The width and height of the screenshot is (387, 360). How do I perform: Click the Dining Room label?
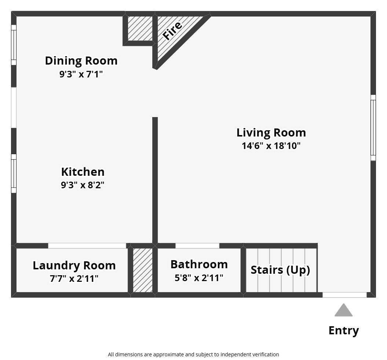click(x=81, y=61)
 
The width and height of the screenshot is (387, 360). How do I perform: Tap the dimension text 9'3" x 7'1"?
click(x=81, y=74)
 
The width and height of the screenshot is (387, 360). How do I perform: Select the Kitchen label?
click(x=83, y=172)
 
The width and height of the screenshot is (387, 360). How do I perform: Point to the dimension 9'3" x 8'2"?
click(x=83, y=185)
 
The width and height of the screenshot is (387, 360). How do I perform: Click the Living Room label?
click(x=271, y=132)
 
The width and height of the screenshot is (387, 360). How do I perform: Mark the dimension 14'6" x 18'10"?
click(x=271, y=146)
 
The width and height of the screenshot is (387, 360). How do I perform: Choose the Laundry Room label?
click(x=74, y=265)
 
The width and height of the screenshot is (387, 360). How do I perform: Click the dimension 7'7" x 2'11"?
click(x=74, y=279)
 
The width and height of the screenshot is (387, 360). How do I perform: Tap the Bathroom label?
click(x=199, y=264)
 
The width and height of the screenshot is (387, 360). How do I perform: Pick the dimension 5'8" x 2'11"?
click(x=199, y=278)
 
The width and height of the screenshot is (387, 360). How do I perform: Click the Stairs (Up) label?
click(x=280, y=270)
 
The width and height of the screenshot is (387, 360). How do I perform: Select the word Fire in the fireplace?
click(x=172, y=30)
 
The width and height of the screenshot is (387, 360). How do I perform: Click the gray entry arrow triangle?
click(x=343, y=311)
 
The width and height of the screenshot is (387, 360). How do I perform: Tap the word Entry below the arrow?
click(x=343, y=331)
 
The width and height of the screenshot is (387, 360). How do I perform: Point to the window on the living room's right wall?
click(x=373, y=128)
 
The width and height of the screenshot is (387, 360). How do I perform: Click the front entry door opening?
click(x=344, y=295)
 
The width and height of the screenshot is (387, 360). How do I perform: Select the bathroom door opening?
click(x=197, y=246)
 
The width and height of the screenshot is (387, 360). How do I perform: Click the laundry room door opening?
click(x=87, y=246)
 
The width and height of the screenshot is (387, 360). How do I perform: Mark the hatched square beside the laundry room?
click(x=142, y=270)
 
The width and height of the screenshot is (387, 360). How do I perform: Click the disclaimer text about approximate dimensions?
click(x=193, y=354)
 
